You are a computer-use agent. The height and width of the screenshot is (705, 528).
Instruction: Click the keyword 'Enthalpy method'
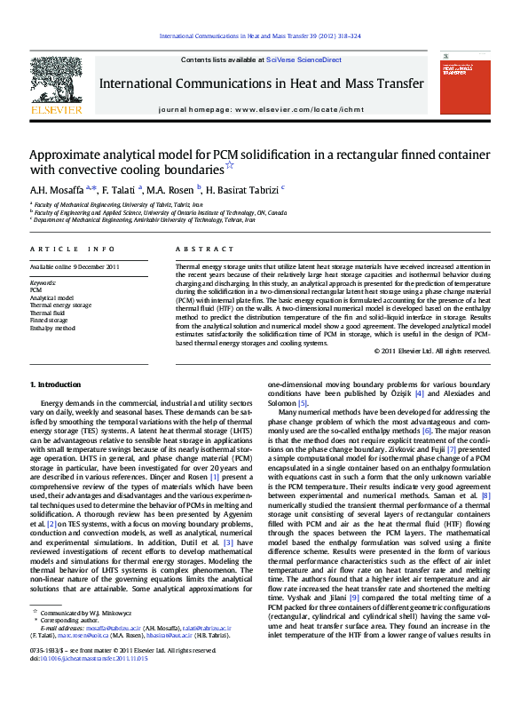coord(53,328)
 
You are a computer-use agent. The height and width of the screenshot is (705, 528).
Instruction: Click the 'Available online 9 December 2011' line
coord(75,266)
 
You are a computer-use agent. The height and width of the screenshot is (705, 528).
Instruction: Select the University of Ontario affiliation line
coord(161,213)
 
